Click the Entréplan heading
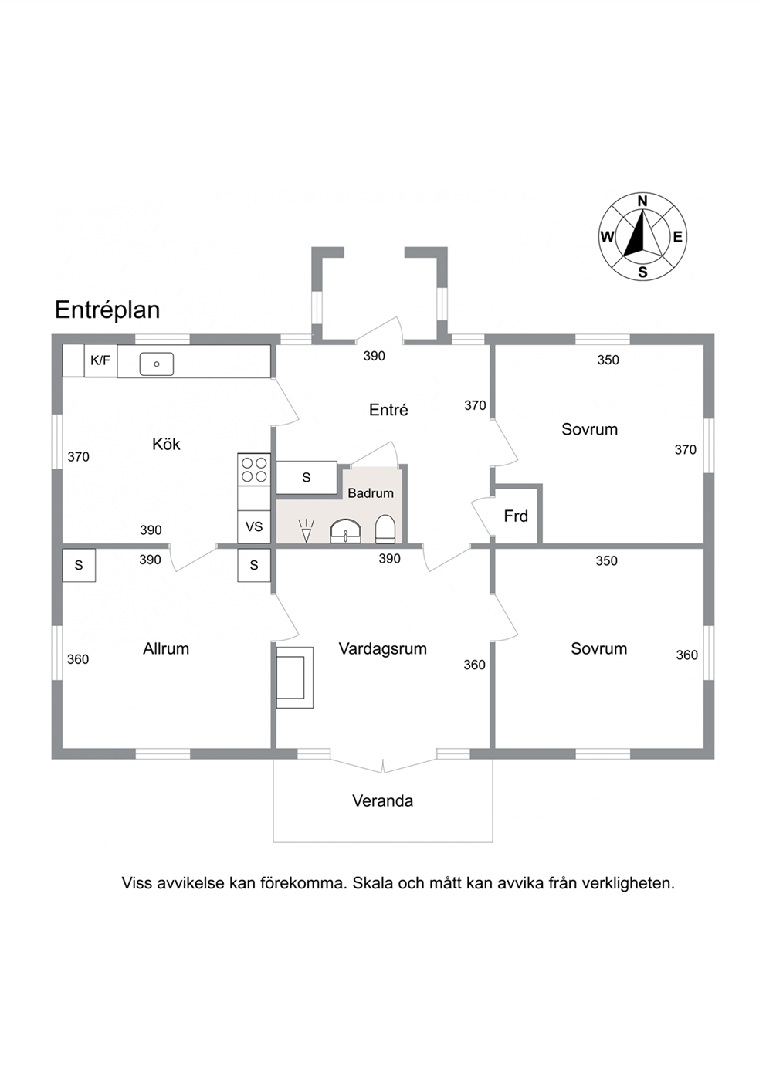pos(107,310)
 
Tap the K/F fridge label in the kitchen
pos(100,360)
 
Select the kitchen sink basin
pos(157,364)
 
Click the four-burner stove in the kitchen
pos(254,469)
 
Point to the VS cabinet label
pos(254,526)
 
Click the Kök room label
pos(166,444)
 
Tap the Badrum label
pos(371,493)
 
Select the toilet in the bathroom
pos(385,529)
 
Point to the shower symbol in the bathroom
pos(306,530)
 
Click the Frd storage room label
pos(516,516)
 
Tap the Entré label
pos(388,410)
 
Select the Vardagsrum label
pos(382,649)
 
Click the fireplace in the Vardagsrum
pos(294,678)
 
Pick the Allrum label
pos(166,649)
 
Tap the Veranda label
pos(382,801)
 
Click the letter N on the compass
pos(642,201)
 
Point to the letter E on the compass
pos(677,237)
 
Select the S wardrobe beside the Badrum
pos(306,478)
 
